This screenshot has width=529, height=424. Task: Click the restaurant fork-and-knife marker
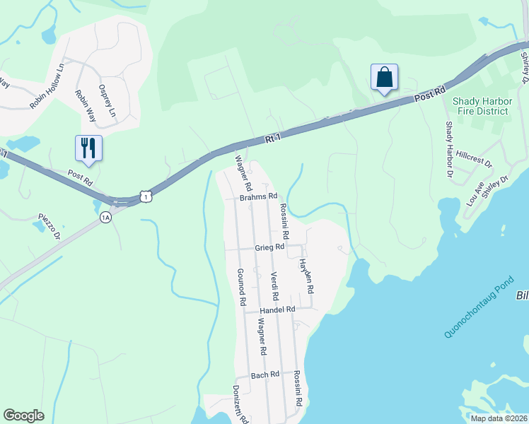tap(88, 148)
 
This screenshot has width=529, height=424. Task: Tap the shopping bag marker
tap(384, 77)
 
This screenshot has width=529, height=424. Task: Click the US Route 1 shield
tap(145, 196)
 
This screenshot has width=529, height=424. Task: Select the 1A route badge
tap(105, 217)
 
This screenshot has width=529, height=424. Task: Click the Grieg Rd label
tap(269, 248)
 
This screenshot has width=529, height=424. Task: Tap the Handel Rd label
tap(277, 310)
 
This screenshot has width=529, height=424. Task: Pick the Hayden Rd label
tap(306, 276)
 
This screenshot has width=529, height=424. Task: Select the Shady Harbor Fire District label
tap(481, 106)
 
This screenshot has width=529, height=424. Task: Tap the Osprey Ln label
tap(107, 101)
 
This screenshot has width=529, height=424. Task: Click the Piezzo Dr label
tap(50, 228)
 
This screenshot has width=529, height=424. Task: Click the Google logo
tap(24, 416)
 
